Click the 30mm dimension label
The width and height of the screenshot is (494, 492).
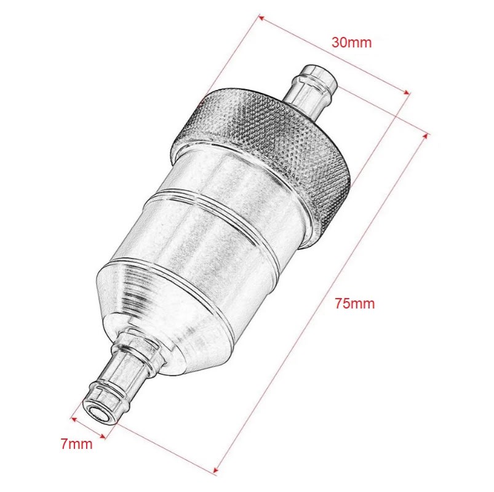[x=351, y=42]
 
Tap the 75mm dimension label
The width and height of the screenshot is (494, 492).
[x=354, y=304]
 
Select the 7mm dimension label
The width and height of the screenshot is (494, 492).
[x=76, y=444]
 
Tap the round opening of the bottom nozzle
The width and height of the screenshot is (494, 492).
[x=98, y=414]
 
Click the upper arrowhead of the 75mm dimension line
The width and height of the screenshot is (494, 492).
[x=426, y=135]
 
